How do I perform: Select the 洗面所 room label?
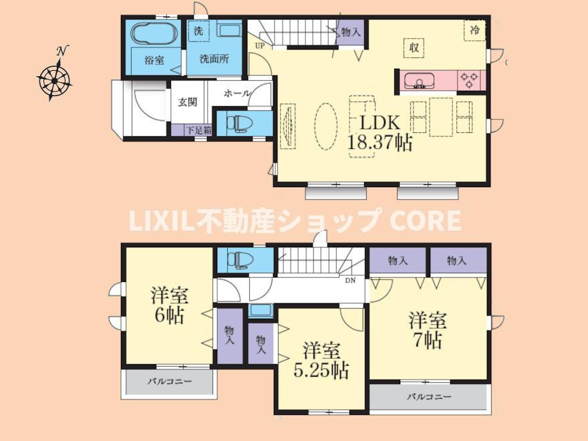coord(214,59)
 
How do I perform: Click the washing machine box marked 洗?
coord(198,30)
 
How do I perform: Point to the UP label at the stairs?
coord(260,46)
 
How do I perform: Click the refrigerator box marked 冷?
coord(475,30)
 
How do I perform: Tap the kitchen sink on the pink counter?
coord(419,81)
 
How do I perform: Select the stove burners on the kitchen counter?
coord(470,80)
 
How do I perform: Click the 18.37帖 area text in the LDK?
coord(380,143)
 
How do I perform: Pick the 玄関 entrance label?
coord(188,102)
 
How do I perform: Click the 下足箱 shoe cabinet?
coord(192,130)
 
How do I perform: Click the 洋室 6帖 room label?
coord(170,305)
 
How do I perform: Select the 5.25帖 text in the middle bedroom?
coord(321,371)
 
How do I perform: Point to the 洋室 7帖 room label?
coord(428,330)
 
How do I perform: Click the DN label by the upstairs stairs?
coord(350,281)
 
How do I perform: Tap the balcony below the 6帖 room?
coord(169,382)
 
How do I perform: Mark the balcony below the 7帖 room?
coord(429,397)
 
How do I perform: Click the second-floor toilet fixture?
coord(239,259)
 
